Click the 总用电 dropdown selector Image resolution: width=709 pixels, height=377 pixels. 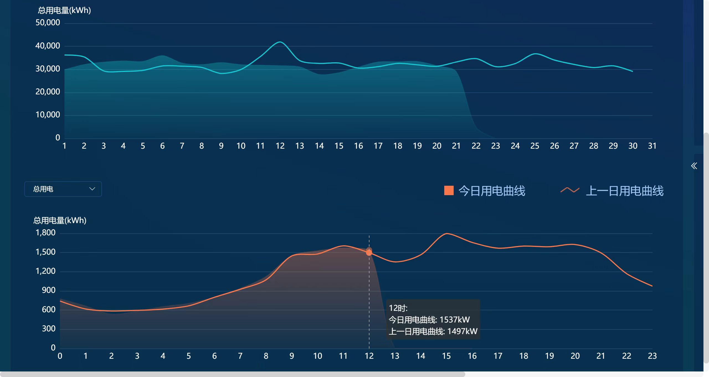63,189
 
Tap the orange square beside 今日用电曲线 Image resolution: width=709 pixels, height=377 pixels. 449,191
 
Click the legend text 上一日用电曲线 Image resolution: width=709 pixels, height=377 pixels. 625,191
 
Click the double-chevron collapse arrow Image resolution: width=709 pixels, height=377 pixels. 694,166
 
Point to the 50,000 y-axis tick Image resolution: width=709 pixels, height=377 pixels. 48,23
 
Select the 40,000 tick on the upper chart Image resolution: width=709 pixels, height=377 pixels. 48,46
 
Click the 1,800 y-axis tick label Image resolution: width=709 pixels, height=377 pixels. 45,233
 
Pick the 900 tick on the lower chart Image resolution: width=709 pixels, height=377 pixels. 48,290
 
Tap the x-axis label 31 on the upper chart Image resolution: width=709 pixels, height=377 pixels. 652,146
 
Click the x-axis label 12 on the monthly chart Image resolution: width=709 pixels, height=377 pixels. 280,146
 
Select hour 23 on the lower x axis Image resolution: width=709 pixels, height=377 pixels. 652,356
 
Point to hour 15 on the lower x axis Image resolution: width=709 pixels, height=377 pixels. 446,356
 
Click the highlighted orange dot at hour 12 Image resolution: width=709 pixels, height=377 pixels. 369,252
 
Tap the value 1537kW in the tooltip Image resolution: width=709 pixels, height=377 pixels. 454,320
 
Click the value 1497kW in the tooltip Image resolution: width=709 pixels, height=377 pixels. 462,331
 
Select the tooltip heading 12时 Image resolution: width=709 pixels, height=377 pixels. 398,308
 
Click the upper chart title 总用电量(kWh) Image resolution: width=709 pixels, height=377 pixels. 64,11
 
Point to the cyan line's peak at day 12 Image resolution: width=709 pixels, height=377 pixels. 280,42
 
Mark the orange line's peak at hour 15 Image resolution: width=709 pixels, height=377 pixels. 446,234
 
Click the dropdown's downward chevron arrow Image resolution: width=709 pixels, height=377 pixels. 92,189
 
